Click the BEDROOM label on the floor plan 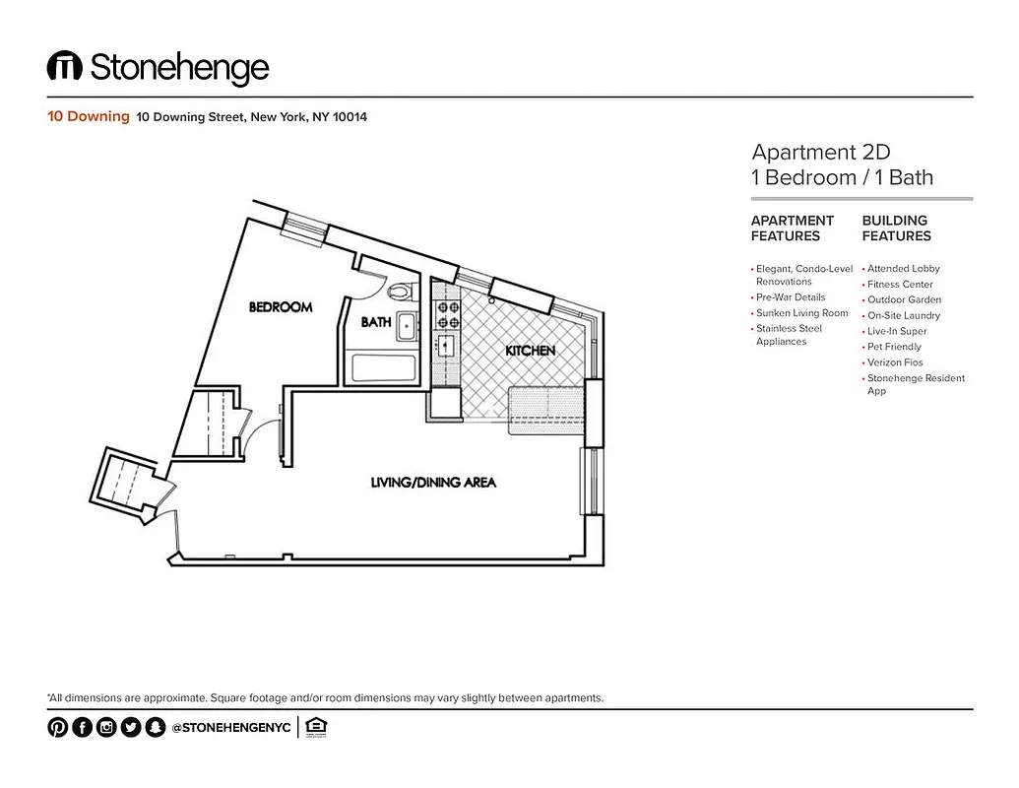tap(281, 307)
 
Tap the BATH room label tap(375, 322)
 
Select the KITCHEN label tap(531, 351)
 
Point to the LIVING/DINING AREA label tap(433, 483)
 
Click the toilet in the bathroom tap(400, 292)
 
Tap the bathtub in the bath tap(384, 368)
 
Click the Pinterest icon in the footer tap(58, 728)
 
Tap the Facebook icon tap(83, 728)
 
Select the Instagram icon tap(106, 728)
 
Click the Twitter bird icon tap(131, 728)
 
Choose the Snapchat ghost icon tap(155, 728)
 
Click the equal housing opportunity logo tap(316, 728)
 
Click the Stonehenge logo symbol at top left tap(65, 67)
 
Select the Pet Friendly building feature tap(894, 347)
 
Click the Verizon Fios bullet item tap(895, 362)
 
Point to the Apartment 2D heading tap(820, 152)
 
